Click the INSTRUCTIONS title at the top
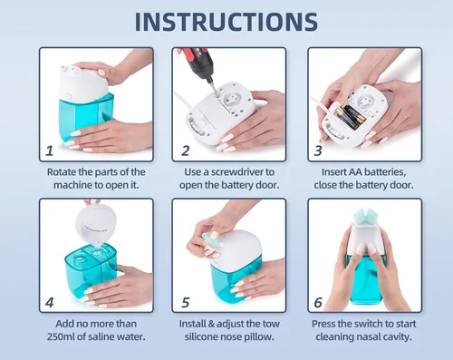[226, 22]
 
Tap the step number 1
[50, 151]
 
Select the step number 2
[185, 151]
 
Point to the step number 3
[318, 151]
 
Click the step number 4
[50, 302]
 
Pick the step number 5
[186, 302]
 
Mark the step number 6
[318, 302]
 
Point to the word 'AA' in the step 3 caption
[356, 171]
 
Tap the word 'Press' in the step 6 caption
[323, 324]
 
